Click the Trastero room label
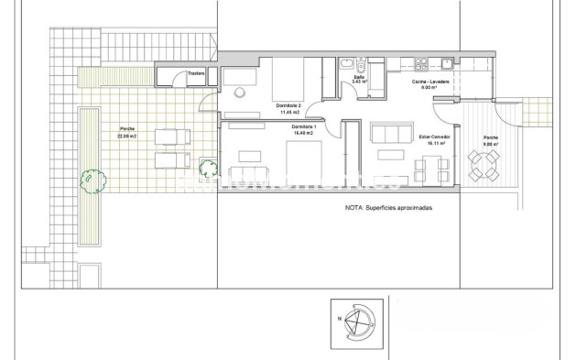click(x=195, y=73)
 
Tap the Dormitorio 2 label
click(x=290, y=106)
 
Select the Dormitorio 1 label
click(x=302, y=126)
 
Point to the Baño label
click(x=358, y=77)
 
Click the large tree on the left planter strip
click(x=89, y=179)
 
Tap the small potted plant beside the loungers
click(x=208, y=167)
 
